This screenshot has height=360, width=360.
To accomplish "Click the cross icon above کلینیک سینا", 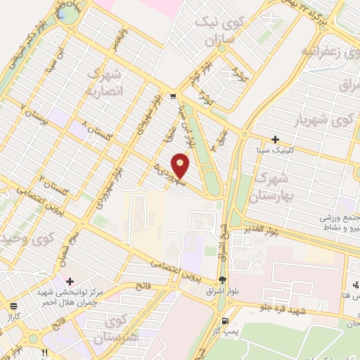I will pos(275,139).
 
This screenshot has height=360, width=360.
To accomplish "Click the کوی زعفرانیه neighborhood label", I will pos(324,51).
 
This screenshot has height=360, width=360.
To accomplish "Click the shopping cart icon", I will pos(172,97).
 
